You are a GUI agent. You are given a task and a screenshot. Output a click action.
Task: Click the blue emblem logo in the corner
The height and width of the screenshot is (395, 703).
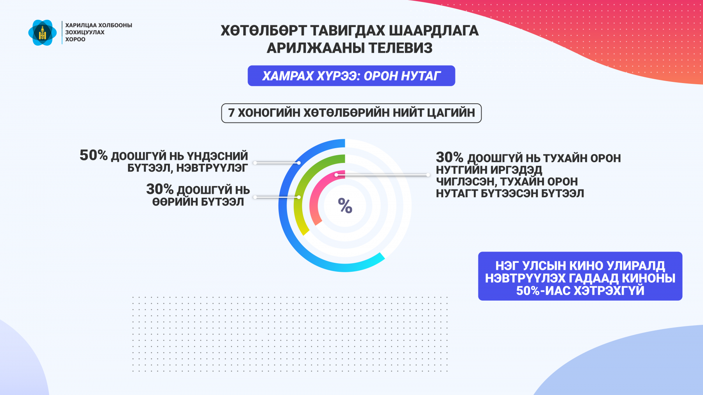(43, 33)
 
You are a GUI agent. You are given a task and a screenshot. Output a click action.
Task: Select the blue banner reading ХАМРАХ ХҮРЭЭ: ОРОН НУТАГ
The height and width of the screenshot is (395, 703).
(351, 76)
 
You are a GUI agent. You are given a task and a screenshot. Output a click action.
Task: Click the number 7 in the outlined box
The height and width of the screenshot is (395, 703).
(231, 113)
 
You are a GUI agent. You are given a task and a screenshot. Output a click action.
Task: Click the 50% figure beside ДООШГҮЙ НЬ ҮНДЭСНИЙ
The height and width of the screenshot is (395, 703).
(93, 155)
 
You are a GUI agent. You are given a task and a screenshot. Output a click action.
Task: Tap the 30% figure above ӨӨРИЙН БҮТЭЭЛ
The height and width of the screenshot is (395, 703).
(160, 189)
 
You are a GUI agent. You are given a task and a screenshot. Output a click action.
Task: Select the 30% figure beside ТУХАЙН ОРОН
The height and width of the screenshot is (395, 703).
(450, 158)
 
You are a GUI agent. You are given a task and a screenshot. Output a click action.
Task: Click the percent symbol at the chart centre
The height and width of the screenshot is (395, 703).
(345, 205)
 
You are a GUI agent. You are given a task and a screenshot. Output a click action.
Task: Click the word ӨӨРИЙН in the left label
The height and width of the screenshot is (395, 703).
(175, 202)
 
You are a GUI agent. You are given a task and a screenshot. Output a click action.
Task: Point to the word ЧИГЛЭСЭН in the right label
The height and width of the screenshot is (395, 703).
(465, 182)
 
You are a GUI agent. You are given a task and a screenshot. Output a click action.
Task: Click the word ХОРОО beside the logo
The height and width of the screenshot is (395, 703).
(75, 39)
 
